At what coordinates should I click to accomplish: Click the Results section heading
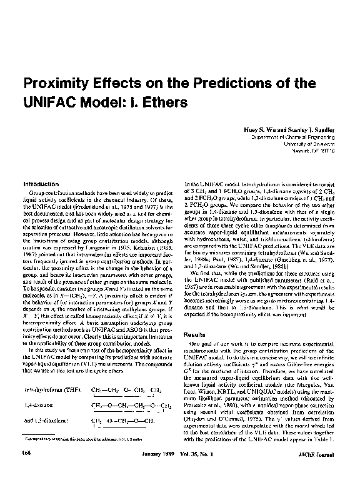(192, 336)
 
